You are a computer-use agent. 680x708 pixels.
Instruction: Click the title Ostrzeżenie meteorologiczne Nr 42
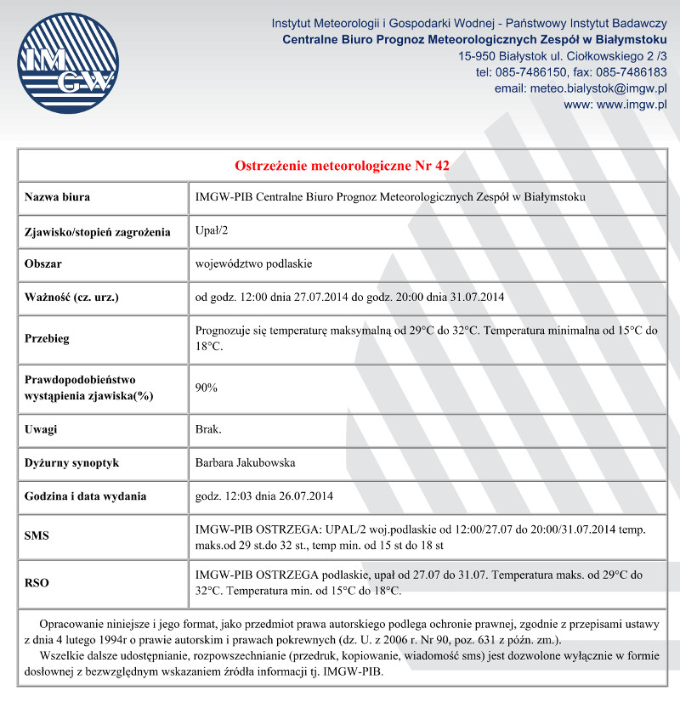click(x=348, y=165)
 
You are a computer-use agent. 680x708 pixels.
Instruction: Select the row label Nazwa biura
click(x=58, y=198)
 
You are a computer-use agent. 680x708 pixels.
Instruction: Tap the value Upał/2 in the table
click(x=212, y=231)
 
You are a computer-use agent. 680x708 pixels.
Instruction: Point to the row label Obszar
click(x=43, y=264)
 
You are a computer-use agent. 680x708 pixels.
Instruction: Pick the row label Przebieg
click(x=48, y=338)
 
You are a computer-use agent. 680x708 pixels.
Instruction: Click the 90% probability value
click(x=207, y=388)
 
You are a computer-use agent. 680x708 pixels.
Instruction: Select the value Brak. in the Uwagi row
click(x=208, y=429)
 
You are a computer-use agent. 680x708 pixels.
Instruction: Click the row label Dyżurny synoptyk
click(x=71, y=463)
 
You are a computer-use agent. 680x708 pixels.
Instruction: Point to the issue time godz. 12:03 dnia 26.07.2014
click(x=265, y=496)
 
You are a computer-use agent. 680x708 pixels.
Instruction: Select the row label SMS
click(x=37, y=537)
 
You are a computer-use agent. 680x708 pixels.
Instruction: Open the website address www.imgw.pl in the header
click(x=632, y=105)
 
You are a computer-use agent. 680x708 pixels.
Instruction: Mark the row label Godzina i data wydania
click(x=85, y=496)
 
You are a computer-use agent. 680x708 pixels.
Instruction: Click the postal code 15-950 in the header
click(x=476, y=56)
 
